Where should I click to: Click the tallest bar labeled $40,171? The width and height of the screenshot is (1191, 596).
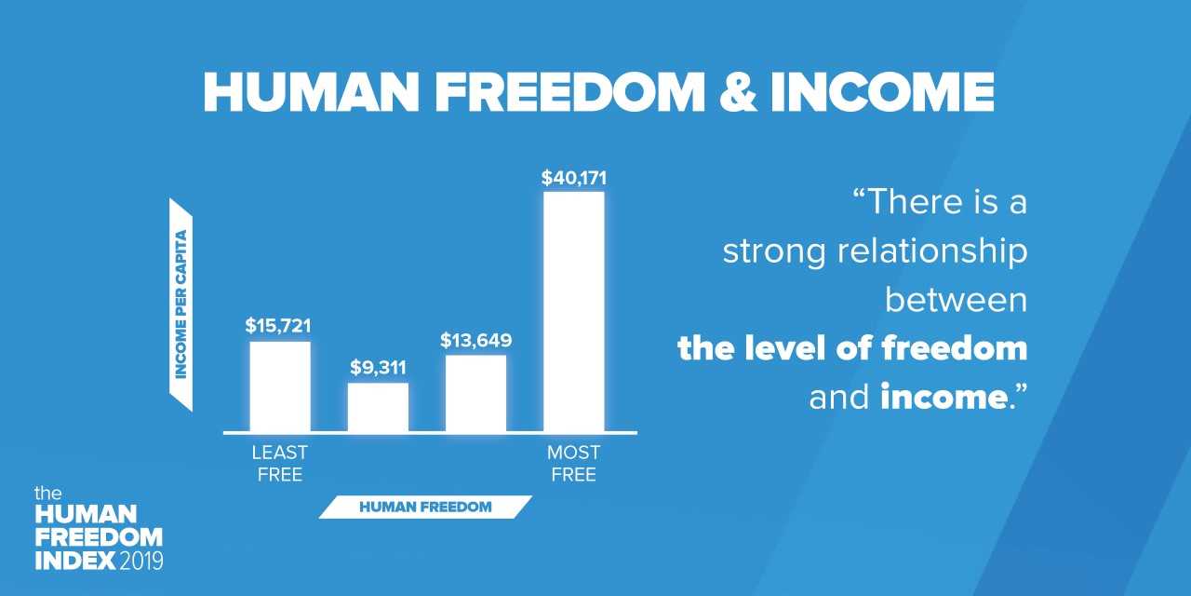click(574, 311)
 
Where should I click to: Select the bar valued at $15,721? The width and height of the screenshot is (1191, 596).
click(280, 386)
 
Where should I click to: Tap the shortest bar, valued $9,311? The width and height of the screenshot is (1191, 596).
click(378, 407)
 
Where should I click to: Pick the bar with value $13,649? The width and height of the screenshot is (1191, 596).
click(475, 393)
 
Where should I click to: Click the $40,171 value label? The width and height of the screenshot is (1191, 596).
click(574, 178)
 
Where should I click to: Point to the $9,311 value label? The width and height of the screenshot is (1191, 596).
click(378, 367)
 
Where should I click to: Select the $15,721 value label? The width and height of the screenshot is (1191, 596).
click(278, 326)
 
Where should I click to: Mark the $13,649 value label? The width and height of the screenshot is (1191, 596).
click(475, 341)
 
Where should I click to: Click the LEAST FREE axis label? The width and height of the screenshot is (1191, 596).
click(280, 464)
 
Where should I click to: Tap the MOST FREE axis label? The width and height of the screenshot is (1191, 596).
click(574, 464)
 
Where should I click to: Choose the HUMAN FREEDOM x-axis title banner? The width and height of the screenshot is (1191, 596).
click(425, 507)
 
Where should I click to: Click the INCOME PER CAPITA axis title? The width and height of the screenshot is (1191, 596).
click(181, 305)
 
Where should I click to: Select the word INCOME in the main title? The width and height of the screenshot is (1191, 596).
click(882, 92)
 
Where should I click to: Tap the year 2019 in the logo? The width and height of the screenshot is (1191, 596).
click(141, 561)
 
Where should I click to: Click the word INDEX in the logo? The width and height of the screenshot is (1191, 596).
click(75, 561)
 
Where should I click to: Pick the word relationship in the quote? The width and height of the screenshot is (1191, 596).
click(932, 251)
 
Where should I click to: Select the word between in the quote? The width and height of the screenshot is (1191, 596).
click(956, 300)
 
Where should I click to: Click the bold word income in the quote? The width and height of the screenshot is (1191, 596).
click(943, 398)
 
